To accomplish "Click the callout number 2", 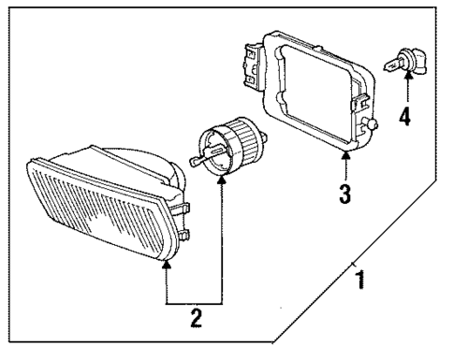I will [x=196, y=319].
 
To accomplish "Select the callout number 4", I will [x=406, y=118].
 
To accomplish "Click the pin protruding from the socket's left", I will [x=195, y=160].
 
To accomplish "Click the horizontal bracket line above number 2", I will [x=196, y=302].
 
